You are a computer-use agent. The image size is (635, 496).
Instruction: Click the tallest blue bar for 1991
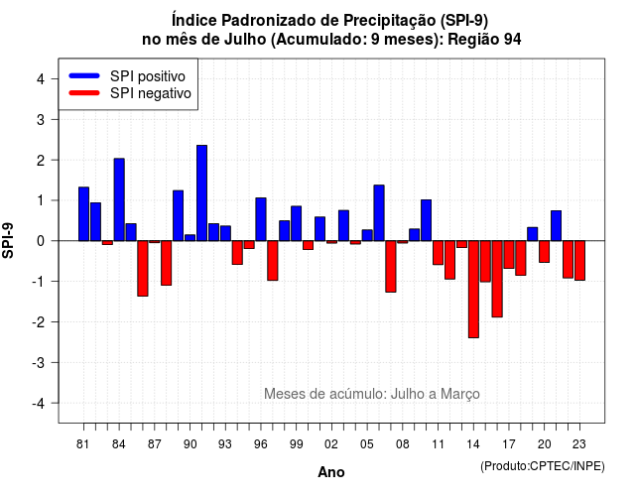coord(201,193)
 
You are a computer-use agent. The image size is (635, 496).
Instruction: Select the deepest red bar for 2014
coord(473,289)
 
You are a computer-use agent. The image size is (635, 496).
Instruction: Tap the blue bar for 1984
coord(119,199)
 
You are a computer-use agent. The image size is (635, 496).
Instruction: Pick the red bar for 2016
coord(497,279)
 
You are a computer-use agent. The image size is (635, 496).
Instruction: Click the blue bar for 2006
coord(379,213)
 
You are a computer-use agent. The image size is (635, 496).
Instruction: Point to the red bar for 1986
coord(143,269)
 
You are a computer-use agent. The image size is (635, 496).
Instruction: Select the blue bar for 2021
coord(556,226)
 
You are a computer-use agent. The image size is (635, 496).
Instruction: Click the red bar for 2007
coord(391,267)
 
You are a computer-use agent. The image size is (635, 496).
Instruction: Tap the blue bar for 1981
coord(83,214)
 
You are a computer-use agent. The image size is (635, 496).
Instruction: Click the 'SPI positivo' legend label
coord(148,76)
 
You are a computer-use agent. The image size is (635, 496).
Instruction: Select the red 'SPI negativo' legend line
coord(84,93)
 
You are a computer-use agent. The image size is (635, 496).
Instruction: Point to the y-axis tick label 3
coord(41,120)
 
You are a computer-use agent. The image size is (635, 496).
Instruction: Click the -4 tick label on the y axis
coord(39,404)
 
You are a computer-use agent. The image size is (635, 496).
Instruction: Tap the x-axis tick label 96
coord(261,444)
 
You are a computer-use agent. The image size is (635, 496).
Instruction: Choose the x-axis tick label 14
coord(473,444)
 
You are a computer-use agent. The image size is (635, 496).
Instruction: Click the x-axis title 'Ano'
coord(331,472)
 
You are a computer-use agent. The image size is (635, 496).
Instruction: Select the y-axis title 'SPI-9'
coord(8,240)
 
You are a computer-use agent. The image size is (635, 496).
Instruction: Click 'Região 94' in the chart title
coord(484,40)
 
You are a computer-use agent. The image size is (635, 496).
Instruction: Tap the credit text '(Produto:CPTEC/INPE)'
coord(543,466)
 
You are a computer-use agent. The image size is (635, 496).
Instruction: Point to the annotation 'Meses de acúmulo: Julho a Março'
coord(372,394)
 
